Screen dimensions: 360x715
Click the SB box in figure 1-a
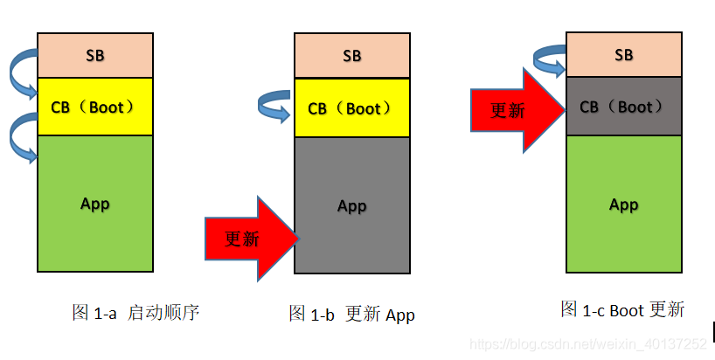pyautogui.click(x=95, y=55)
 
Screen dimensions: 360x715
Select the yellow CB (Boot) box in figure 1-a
pyautogui.click(x=95, y=107)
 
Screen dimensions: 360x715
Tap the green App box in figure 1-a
pyautogui.click(x=95, y=204)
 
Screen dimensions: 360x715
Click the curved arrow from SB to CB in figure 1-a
pyautogui.click(x=21, y=71)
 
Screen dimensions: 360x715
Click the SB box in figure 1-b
pyautogui.click(x=352, y=56)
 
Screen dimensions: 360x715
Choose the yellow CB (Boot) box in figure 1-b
pyautogui.click(x=352, y=108)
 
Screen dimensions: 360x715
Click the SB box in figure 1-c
pyautogui.click(x=623, y=54)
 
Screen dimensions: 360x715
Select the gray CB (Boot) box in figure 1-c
pyautogui.click(x=623, y=107)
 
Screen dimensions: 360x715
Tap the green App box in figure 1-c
pyautogui.click(x=623, y=204)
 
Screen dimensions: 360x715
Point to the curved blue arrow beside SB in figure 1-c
pyautogui.click(x=550, y=58)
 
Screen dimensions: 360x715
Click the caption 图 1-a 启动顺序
pyautogui.click(x=135, y=312)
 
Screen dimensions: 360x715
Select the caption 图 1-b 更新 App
pyautogui.click(x=351, y=315)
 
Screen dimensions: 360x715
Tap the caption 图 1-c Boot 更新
pyautogui.click(x=622, y=309)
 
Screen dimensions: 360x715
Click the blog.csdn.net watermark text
pyautogui.click(x=587, y=344)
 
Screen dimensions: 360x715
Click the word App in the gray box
pyautogui.click(x=352, y=206)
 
